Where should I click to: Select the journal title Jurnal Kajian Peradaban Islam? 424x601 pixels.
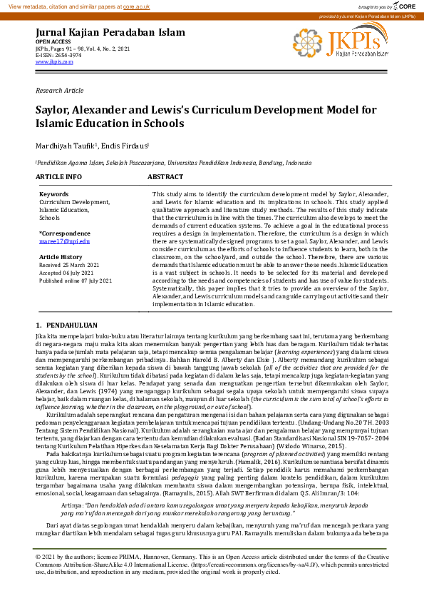click(110, 33)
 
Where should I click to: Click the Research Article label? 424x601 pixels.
click(59, 91)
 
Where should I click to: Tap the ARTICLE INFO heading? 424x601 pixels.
click(58, 176)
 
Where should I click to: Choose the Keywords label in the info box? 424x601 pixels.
click(54, 194)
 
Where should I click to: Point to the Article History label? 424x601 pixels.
click(61, 257)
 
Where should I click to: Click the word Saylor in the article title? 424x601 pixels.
click(56, 110)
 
